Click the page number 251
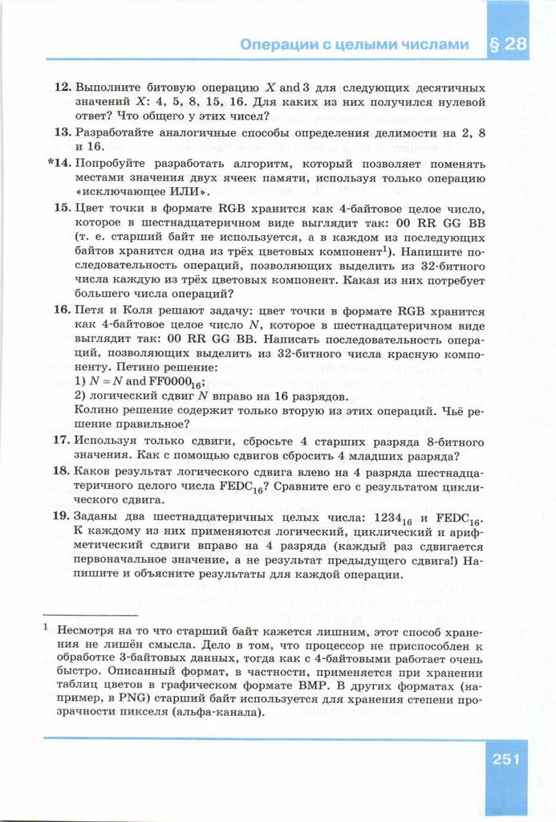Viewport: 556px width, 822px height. pyautogui.click(x=507, y=758)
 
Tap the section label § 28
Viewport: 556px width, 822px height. pyautogui.click(x=507, y=44)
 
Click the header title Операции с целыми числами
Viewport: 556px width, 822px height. pyautogui.click(x=354, y=45)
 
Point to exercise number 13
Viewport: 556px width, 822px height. pyautogui.click(x=63, y=132)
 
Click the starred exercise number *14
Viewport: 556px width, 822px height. pyautogui.click(x=60, y=163)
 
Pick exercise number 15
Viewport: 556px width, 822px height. pyautogui.click(x=63, y=208)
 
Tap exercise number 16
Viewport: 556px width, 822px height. pyautogui.click(x=63, y=310)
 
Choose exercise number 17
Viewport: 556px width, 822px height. pyautogui.click(x=63, y=441)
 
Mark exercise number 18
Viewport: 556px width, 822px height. pyautogui.click(x=63, y=471)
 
